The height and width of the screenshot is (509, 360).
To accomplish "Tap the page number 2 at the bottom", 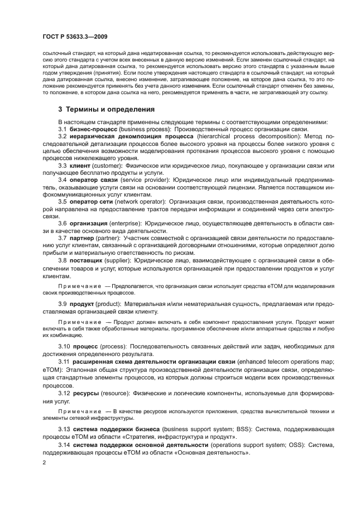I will click(45, 462).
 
